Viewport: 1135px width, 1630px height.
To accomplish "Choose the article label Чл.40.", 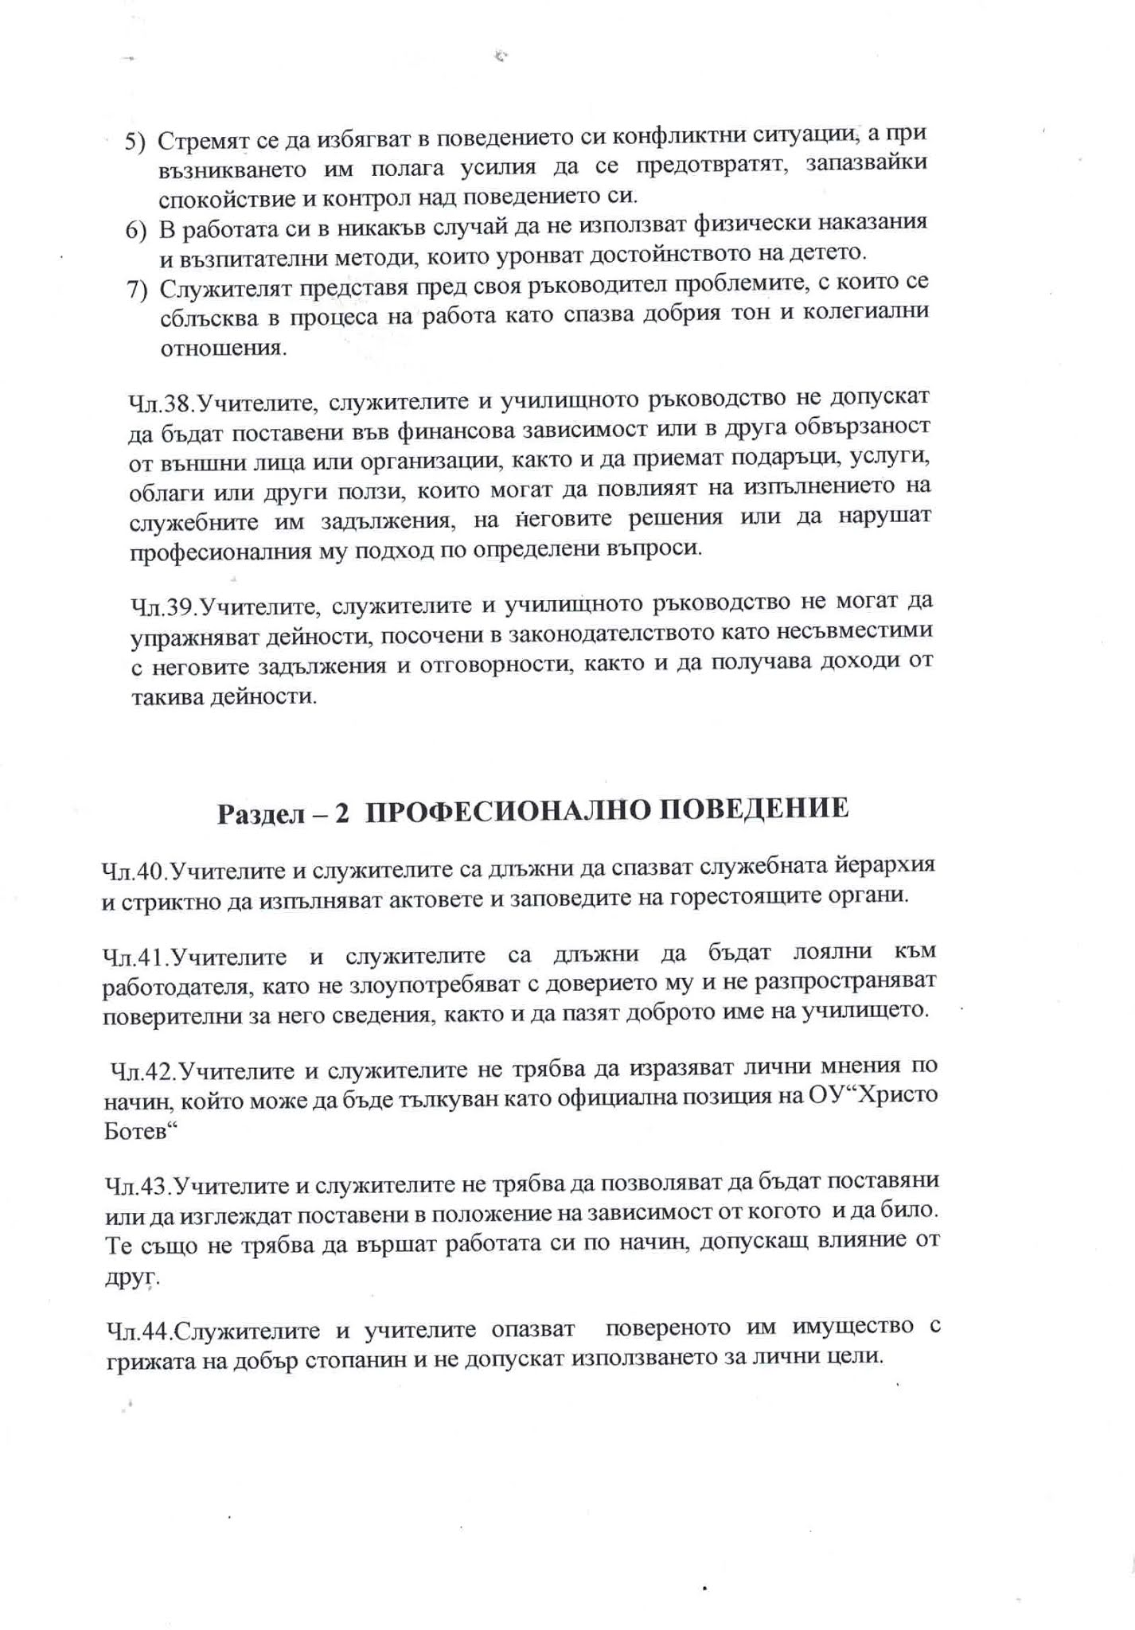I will [135, 872].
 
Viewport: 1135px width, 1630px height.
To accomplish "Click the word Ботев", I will [138, 1131].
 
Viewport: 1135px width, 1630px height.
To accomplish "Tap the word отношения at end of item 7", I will [222, 349].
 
